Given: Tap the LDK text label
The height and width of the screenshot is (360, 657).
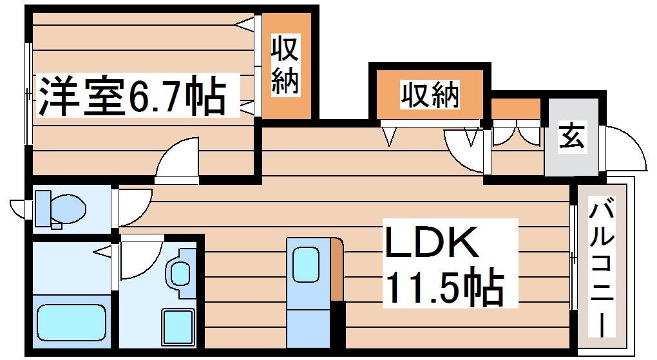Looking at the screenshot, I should click(x=432, y=243).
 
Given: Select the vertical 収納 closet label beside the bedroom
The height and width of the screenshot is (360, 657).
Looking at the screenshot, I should click(x=285, y=66).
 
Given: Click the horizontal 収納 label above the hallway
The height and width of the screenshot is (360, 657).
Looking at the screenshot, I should click(x=430, y=96).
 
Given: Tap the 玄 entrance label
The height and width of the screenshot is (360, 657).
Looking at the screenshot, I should click(x=571, y=137).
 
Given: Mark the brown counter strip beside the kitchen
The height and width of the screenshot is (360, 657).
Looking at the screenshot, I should click(x=337, y=270).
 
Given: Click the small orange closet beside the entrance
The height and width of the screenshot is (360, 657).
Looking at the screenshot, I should click(x=515, y=109).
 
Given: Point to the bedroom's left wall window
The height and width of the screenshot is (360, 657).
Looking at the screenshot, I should click(x=28, y=94).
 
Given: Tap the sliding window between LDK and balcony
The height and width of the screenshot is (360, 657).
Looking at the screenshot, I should click(x=573, y=258).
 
